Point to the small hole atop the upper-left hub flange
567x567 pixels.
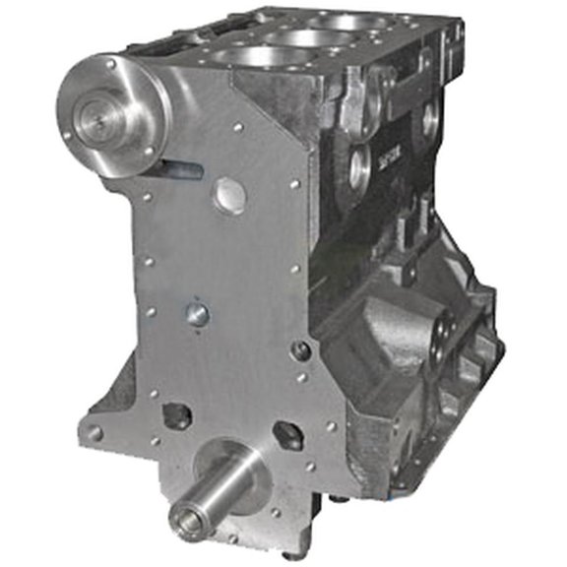coord(110,64)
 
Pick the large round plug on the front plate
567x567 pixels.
coord(228,195)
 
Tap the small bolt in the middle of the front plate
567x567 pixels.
coord(197,314)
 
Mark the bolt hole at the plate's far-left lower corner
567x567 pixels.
coord(94,432)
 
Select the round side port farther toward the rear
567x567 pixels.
coord(430,119)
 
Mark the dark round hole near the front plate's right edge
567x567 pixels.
coord(301,350)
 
